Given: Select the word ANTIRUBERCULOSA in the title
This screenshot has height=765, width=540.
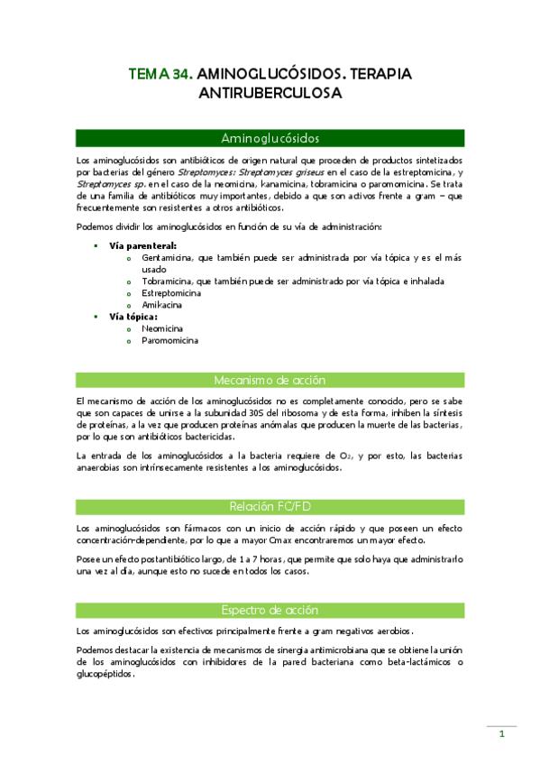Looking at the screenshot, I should point(270,92).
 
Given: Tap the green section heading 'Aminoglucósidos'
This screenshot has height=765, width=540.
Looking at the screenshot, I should point(270,138).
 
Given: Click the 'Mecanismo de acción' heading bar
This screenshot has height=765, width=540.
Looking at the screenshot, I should point(270,380).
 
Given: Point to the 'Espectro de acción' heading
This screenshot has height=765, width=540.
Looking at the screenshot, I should point(270,610).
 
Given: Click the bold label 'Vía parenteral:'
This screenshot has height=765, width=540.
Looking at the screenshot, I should point(142,244).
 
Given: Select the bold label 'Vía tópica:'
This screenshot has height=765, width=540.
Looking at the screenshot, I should point(133,317).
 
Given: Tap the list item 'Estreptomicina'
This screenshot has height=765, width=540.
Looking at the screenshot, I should point(171,292).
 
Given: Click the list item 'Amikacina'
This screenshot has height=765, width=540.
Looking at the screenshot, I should point(161,305).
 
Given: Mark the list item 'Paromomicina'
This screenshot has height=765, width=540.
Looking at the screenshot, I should point(170,341).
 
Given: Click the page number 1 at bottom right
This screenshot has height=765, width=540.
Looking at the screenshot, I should point(502,733).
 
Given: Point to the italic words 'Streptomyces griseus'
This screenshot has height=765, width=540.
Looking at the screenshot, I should point(286,171).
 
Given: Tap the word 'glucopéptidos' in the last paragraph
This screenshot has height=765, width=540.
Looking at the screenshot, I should point(105,673).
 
